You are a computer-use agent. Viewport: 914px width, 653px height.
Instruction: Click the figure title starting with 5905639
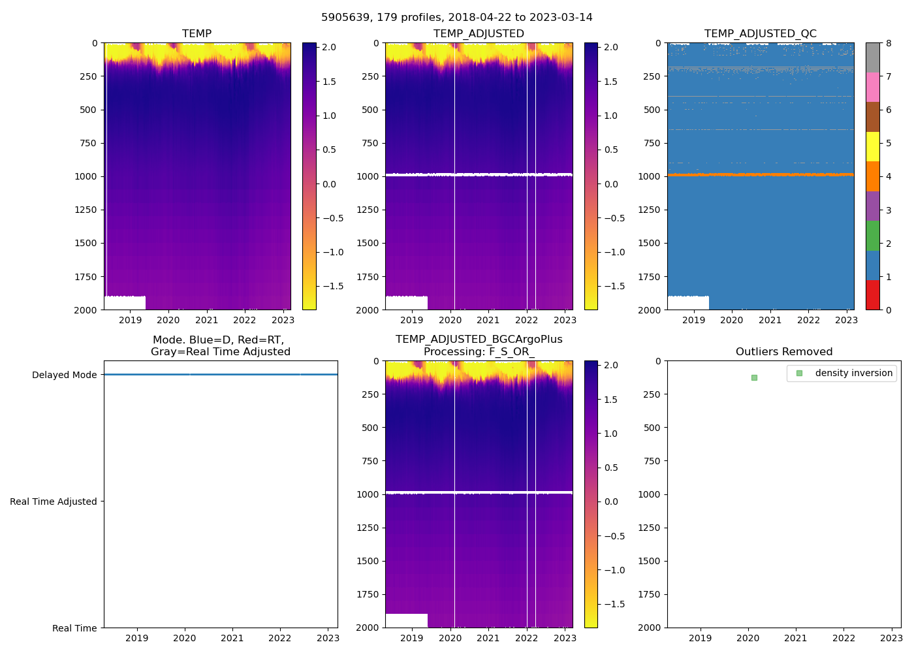tap(456, 18)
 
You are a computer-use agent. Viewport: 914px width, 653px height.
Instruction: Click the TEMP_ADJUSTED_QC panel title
tap(760, 34)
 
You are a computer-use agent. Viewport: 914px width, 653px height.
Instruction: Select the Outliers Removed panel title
tap(783, 352)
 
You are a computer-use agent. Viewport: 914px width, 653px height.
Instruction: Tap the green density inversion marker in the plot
tap(754, 377)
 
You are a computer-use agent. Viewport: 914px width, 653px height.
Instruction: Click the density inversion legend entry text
tap(853, 373)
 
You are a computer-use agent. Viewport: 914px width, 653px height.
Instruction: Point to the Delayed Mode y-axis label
tap(64, 375)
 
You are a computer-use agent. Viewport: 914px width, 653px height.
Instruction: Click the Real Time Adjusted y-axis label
tap(53, 502)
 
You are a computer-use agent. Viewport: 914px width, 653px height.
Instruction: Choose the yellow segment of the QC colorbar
tap(872, 147)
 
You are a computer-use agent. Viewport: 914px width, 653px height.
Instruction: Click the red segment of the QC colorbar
tap(872, 295)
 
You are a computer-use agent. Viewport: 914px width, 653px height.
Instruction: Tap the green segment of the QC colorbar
tap(872, 236)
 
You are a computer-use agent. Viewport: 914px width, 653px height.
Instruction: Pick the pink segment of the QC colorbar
tap(872, 88)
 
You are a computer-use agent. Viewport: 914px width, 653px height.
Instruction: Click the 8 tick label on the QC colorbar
tap(889, 44)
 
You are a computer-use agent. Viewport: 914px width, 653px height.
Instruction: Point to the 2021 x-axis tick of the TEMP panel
tap(206, 320)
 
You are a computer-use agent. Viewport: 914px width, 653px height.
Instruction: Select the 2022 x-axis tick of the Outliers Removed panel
tap(843, 638)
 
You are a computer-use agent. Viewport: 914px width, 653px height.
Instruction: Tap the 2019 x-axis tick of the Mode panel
tap(136, 638)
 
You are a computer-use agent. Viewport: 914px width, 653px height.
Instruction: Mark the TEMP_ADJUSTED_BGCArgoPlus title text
tap(479, 340)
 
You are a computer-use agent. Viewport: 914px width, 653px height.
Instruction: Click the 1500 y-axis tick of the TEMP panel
tap(86, 243)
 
